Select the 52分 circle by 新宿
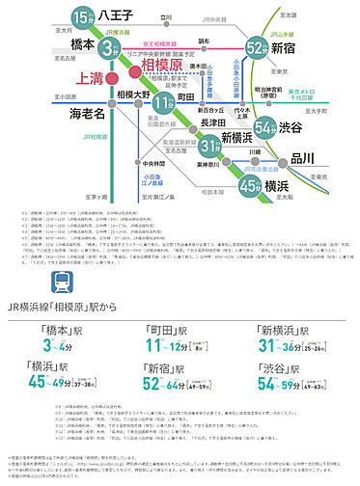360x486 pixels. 256,47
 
